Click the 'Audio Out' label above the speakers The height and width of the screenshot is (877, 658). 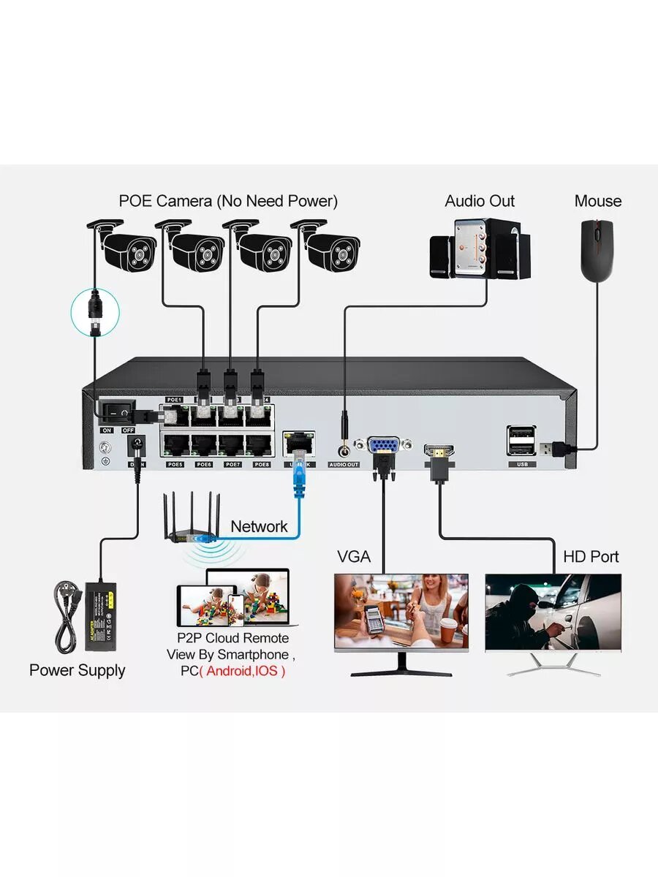point(480,201)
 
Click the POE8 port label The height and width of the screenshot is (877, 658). point(262,465)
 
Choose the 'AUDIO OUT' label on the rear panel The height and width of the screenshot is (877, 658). point(344,465)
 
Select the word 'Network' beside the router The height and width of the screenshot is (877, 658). point(259,526)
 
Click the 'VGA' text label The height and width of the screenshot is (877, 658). point(354,557)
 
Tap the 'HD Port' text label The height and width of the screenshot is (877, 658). point(591,557)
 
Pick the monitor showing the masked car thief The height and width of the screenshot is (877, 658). point(553,612)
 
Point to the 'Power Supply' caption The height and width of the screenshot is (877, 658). point(77,670)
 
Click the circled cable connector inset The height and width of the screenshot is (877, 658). point(94,311)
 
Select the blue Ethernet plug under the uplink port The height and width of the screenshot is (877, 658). point(299,482)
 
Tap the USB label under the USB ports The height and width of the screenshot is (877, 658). point(521,465)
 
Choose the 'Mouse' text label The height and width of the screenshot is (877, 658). point(598,201)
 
